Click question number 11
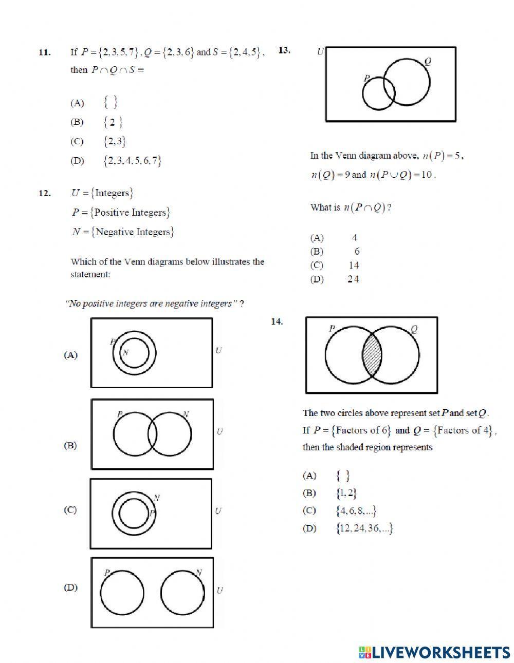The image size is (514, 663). tap(44, 52)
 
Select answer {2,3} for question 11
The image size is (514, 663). tap(114, 141)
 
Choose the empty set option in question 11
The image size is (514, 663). tap(110, 103)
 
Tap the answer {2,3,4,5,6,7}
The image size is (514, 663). tap(132, 161)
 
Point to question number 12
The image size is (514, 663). tap(44, 193)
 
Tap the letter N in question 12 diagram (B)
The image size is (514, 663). tap(186, 414)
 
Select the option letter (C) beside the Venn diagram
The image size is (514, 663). tap(70, 510)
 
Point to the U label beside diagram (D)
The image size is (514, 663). tap(219, 590)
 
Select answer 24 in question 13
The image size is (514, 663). tap(353, 279)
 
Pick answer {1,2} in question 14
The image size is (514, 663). tap(346, 493)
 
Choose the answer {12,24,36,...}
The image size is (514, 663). tap(364, 528)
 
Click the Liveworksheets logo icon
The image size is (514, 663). tap(365, 652)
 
